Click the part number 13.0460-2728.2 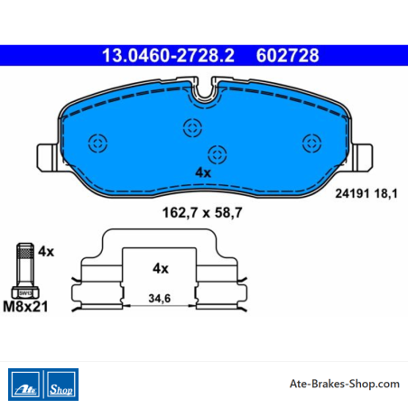pyautogui.click(x=168, y=55)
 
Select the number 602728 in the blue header pyautogui.click(x=287, y=55)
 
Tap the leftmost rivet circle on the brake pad pyautogui.click(x=97, y=144)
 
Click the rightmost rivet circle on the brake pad pyautogui.click(x=311, y=143)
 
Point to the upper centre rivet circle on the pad pyautogui.click(x=192, y=127)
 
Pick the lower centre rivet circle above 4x pyautogui.click(x=218, y=154)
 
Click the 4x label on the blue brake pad pyautogui.click(x=203, y=172)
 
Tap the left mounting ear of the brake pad pyautogui.click(x=47, y=158)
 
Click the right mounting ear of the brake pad pyautogui.click(x=362, y=158)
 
